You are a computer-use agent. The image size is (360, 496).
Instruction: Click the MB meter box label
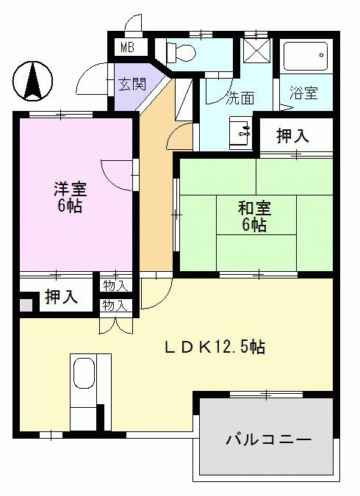coord(128,48)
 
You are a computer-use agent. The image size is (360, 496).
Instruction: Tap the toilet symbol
coord(181,51)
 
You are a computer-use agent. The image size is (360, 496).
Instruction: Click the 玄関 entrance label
coord(132,85)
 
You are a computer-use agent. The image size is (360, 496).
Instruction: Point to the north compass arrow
coord(33,81)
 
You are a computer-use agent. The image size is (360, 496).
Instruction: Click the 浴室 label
coord(303,93)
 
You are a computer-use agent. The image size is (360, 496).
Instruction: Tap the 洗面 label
coord(240,98)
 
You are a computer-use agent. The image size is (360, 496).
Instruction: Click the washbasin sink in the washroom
coord(241,132)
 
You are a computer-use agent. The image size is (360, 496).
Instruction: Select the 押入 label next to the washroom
coord(292,136)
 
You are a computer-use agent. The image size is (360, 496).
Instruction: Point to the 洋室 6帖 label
coord(70,197)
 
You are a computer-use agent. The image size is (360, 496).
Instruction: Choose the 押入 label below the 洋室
coord(61,297)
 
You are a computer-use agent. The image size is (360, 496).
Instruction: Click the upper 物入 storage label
coord(115,287)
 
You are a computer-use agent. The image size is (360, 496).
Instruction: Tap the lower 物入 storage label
coord(115,306)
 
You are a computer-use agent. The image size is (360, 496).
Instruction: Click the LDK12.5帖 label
coord(215,348)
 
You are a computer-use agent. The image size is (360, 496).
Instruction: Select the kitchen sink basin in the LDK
coord(84,373)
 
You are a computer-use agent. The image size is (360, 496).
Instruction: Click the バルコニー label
coord(268,439)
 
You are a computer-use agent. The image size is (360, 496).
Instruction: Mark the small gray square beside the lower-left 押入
coord(26,306)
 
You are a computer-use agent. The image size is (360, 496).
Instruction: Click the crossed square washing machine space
coord(256,51)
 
